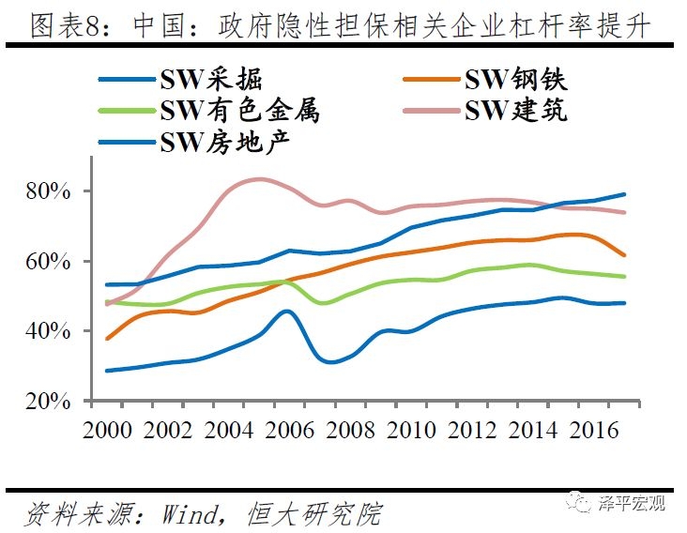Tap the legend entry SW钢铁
coord(516,79)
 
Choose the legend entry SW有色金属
coord(238,111)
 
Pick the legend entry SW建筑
coord(516,111)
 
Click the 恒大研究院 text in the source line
coord(314,512)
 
